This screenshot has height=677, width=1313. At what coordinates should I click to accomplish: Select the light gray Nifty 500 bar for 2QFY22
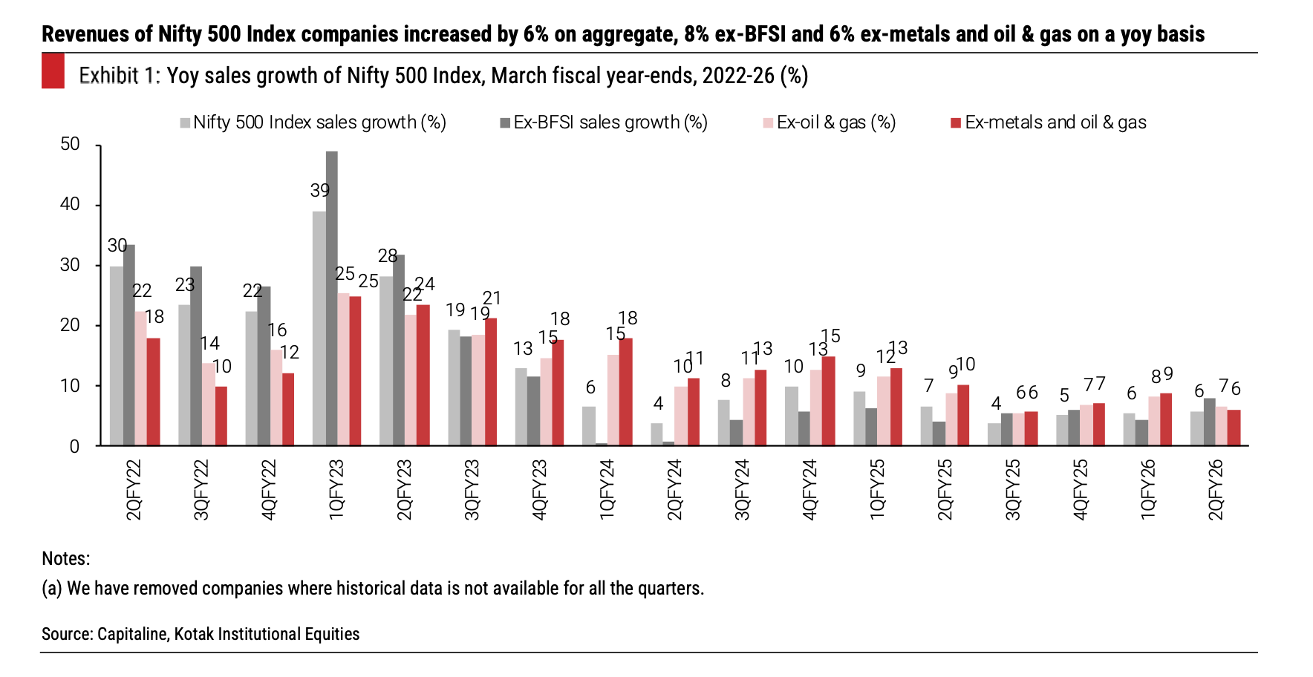coord(116,356)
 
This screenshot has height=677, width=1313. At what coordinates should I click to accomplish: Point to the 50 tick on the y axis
coord(70,144)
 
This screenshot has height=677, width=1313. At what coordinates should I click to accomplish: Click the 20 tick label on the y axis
coord(70,325)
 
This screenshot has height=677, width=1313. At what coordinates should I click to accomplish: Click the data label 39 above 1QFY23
coord(320,191)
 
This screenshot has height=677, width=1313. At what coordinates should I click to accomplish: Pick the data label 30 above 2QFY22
coord(117,246)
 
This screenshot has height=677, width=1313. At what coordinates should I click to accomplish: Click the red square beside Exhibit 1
coord(53,71)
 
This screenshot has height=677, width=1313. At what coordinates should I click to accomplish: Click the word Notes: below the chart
coord(65,558)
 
